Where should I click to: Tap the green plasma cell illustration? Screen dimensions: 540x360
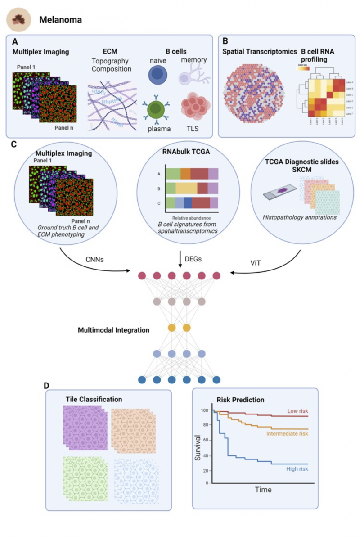(x=158, y=109)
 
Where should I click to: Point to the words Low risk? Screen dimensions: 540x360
(x=297, y=411)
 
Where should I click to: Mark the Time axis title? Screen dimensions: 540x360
(x=263, y=490)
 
